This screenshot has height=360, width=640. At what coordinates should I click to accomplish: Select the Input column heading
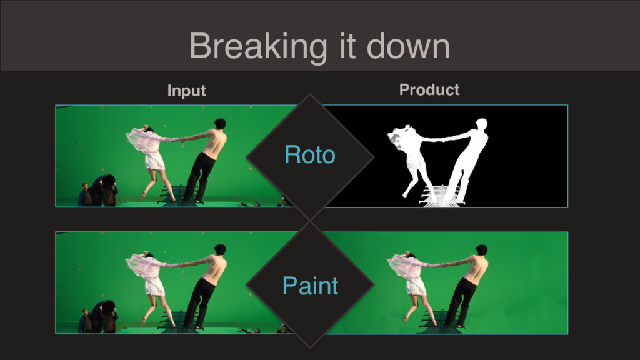click(x=186, y=91)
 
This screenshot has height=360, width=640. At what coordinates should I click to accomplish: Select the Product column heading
click(x=429, y=89)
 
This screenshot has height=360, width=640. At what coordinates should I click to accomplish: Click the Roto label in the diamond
click(x=310, y=155)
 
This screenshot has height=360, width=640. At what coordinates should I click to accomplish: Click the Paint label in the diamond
click(x=310, y=285)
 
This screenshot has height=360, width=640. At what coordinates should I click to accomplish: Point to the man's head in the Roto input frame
click(x=220, y=123)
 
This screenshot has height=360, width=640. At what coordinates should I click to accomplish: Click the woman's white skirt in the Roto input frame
click(x=155, y=161)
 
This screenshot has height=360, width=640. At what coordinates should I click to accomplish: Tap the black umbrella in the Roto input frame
click(x=107, y=181)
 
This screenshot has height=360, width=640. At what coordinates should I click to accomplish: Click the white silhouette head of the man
click(x=482, y=123)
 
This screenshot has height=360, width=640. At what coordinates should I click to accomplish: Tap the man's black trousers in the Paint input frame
click(x=201, y=301)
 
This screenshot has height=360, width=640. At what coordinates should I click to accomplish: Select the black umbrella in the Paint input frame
click(x=107, y=307)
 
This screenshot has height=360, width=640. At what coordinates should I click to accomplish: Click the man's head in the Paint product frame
click(x=482, y=250)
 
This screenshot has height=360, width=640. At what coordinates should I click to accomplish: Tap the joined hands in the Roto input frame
click(x=182, y=139)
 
